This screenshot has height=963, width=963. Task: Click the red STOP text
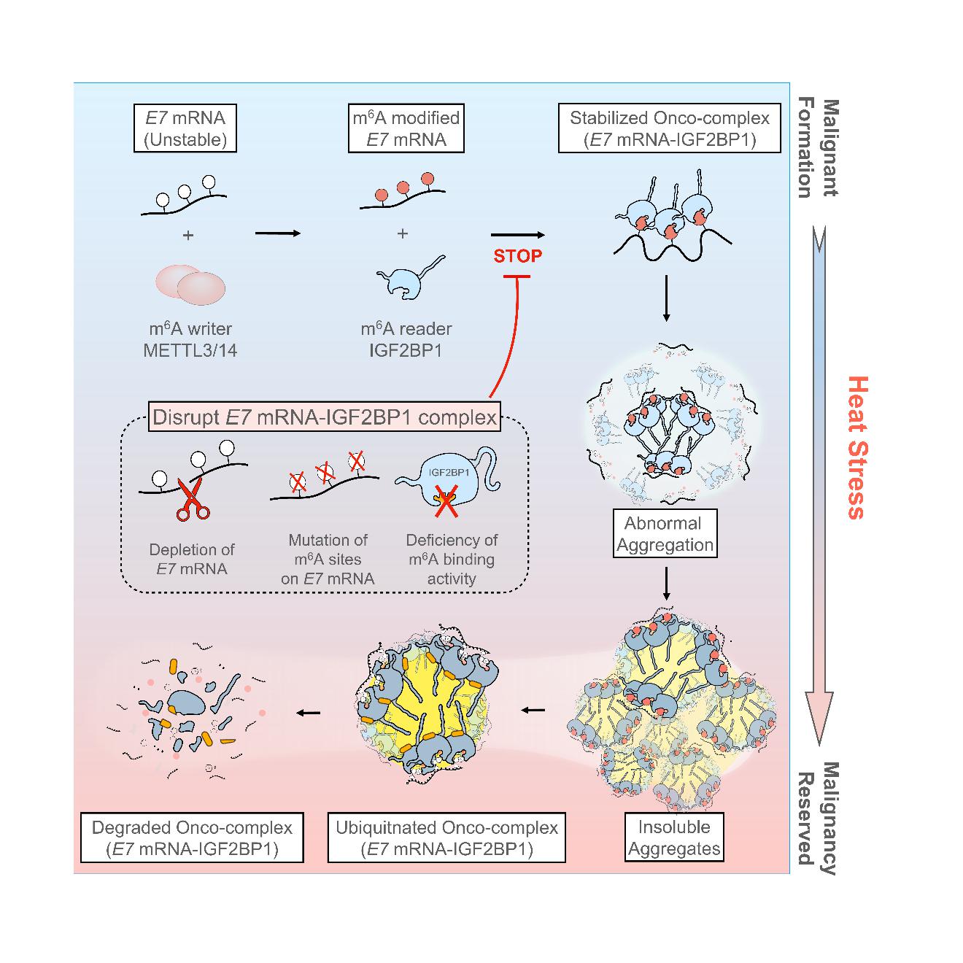coord(518,256)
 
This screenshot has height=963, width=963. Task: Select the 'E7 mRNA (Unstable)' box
coord(185,129)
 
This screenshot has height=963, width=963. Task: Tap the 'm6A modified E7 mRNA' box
coord(406,129)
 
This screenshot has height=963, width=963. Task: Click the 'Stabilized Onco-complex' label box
coord(670,129)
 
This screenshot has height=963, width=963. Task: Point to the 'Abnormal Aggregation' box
coord(664,534)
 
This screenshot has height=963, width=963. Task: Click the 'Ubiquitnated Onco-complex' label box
coord(446,838)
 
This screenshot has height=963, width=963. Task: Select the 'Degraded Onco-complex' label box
coord(192,838)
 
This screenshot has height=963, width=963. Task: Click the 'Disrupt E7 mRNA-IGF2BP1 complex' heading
coord(325,418)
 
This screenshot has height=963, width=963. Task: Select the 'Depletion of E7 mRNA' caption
coord(192,559)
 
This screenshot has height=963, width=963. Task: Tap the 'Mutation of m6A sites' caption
coord(328,560)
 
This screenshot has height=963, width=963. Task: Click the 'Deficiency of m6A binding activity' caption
coord(452,560)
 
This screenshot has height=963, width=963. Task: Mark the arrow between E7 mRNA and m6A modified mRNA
coord(277,233)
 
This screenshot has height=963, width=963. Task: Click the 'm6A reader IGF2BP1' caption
coord(406,340)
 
